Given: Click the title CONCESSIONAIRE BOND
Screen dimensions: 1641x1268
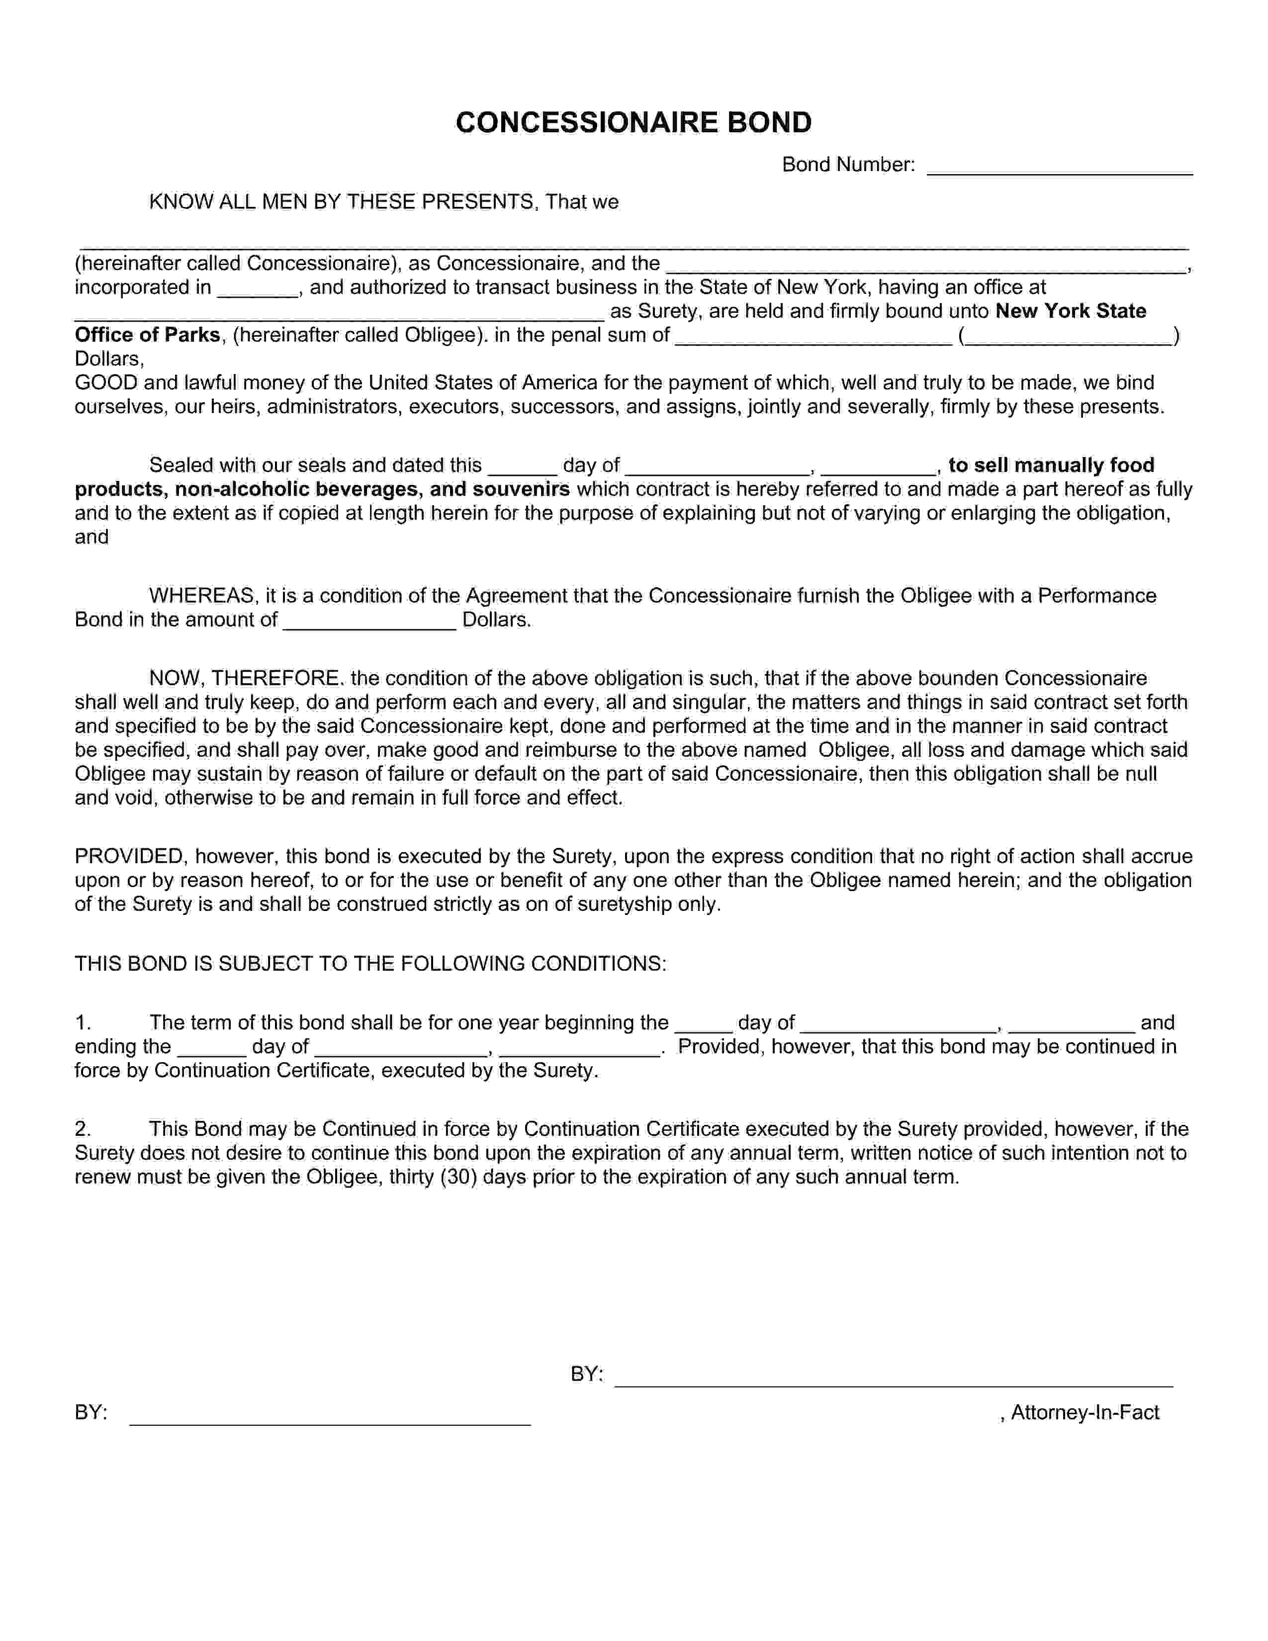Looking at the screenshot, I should [x=633, y=122].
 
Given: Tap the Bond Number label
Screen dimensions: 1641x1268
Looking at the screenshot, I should [x=847, y=165].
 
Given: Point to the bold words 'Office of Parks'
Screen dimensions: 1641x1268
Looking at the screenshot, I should [x=147, y=335].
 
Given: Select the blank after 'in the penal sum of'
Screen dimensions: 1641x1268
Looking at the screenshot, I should [x=813, y=337].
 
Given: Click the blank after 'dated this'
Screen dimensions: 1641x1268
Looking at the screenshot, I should [x=522, y=467].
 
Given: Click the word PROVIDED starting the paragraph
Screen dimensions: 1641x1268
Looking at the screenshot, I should [x=129, y=857].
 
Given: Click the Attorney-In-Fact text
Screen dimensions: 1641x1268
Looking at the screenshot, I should [x=1084, y=1413].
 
